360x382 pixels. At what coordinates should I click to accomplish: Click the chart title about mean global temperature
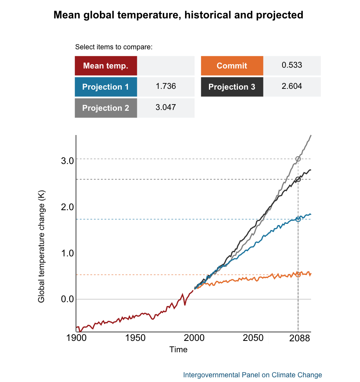click(x=178, y=15)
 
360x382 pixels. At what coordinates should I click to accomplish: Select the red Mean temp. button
click(x=106, y=66)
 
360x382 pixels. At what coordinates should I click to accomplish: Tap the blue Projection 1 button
click(x=106, y=87)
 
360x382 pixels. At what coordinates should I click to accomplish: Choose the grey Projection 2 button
click(x=106, y=108)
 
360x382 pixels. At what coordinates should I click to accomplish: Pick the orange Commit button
click(x=232, y=66)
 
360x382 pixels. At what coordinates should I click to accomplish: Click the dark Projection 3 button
click(x=232, y=87)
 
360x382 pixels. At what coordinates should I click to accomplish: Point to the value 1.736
click(x=166, y=86)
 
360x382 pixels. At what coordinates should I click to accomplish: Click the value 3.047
click(x=166, y=108)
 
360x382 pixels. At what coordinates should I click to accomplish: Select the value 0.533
click(x=292, y=65)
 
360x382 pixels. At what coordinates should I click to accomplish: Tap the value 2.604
click(x=292, y=86)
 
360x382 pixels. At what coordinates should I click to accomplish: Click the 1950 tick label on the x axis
click(x=135, y=339)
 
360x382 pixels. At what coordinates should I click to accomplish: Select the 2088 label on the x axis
click(x=298, y=339)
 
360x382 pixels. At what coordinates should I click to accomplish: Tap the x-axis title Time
click(x=178, y=350)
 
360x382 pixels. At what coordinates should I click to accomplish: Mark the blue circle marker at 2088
click(x=298, y=219)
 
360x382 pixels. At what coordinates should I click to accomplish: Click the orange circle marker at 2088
click(x=298, y=275)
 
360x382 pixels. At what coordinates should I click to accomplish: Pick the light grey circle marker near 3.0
click(x=298, y=159)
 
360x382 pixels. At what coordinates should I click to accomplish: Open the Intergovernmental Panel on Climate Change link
click(x=252, y=375)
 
